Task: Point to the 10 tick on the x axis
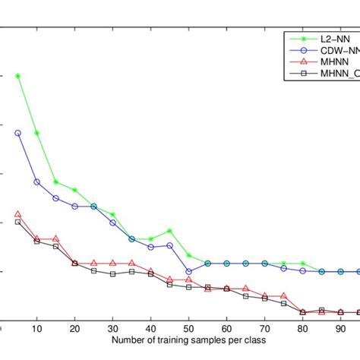pos(36,328)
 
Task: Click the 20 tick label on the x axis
pos(74,328)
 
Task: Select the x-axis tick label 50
pos(188,328)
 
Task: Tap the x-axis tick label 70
pos(264,328)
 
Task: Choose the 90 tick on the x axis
pos(340,328)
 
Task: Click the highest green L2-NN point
pos(18,76)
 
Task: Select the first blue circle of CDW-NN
pos(18,133)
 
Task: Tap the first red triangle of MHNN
pos(18,214)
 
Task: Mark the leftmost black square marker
pos(18,222)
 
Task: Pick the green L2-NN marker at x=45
pos(169,231)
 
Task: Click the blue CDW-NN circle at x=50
pos(188,271)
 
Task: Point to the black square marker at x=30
pos(112,273)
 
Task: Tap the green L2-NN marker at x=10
pos(36,133)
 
